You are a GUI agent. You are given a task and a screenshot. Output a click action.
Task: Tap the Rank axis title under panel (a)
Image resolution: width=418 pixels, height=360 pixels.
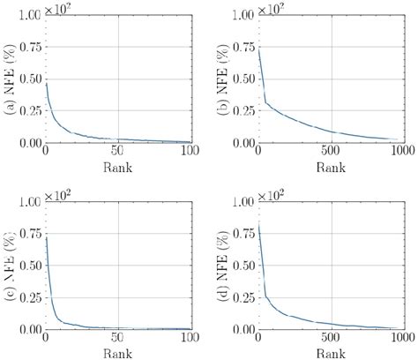pyautogui.click(x=118, y=167)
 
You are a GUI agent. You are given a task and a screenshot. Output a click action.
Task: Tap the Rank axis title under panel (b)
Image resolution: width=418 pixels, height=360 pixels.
pyautogui.click(x=331, y=167)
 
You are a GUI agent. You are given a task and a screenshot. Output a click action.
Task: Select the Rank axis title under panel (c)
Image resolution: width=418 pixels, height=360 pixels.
pyautogui.click(x=118, y=353)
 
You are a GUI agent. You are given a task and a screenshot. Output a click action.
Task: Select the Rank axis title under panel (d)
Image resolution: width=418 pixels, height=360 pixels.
pyautogui.click(x=331, y=353)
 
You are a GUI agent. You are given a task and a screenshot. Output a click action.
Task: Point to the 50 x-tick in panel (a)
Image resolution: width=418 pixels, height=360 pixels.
pyautogui.click(x=118, y=153)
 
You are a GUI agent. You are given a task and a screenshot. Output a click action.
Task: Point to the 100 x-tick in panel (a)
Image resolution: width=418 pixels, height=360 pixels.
pyautogui.click(x=190, y=153)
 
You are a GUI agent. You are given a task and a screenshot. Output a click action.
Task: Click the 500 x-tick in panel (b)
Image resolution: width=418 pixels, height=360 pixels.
pyautogui.click(x=331, y=153)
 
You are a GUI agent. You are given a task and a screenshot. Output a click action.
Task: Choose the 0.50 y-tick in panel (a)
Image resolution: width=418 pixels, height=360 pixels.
pyautogui.click(x=28, y=79)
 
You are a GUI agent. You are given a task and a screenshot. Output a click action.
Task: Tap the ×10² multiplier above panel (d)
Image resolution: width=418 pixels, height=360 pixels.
pyautogui.click(x=273, y=192)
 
